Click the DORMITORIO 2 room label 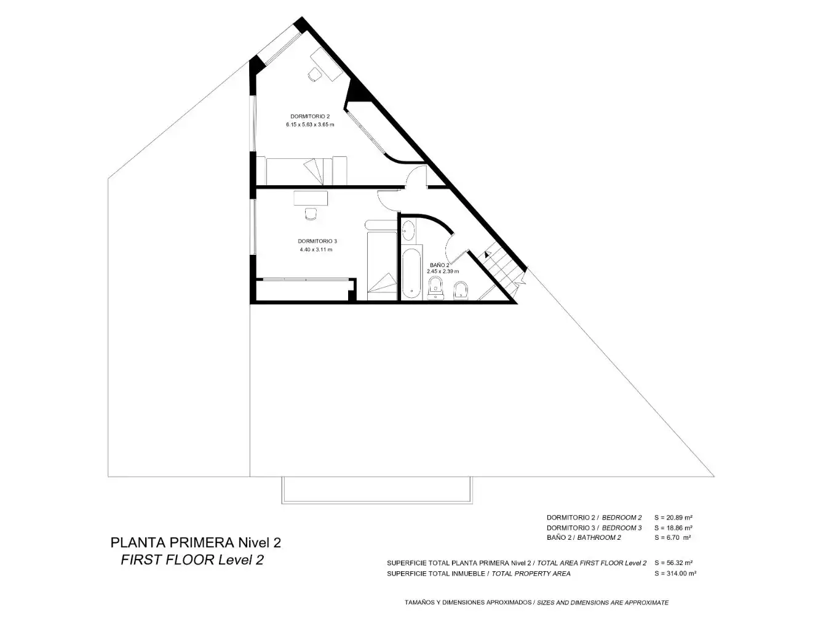pos(310,116)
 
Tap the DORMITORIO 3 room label pos(317,241)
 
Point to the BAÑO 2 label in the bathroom pos(440,265)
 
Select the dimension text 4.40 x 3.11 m pos(316,250)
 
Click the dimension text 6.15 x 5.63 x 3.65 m pos(310,125)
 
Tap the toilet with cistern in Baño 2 pos(435,287)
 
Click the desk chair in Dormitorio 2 pos(314,74)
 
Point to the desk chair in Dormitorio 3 pos(311,214)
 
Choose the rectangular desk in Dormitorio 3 pos(311,198)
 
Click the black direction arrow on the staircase pos(487,254)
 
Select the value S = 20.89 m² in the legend pos(673,517)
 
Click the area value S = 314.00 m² pos(675,574)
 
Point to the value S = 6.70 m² pos(672,537)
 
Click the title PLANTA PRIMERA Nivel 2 pos(196,543)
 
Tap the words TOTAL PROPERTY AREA pos(531,574)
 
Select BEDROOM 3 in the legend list pos(622,528)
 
